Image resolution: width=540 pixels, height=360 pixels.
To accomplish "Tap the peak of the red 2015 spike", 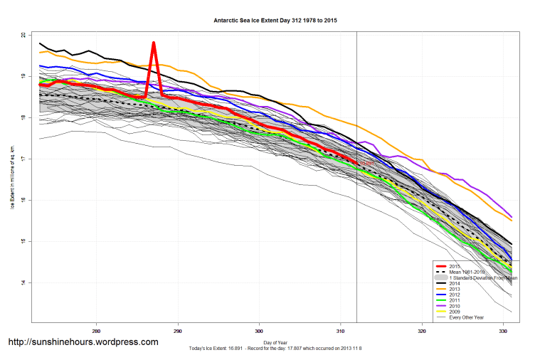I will point(153,43).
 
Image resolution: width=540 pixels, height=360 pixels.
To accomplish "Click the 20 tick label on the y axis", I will point(23,35).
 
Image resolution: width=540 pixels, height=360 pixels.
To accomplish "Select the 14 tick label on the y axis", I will point(23,282).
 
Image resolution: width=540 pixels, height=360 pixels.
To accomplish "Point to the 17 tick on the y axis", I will point(23,159).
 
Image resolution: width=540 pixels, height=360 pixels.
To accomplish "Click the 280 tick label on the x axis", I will point(96,332).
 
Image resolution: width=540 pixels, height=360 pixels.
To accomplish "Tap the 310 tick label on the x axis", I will point(340,332).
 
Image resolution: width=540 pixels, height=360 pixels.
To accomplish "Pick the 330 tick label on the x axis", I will point(503,332).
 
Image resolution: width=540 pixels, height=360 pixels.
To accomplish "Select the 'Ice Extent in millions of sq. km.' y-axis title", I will point(11,178).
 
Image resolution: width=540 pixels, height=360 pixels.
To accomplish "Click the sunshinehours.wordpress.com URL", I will point(83,342).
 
